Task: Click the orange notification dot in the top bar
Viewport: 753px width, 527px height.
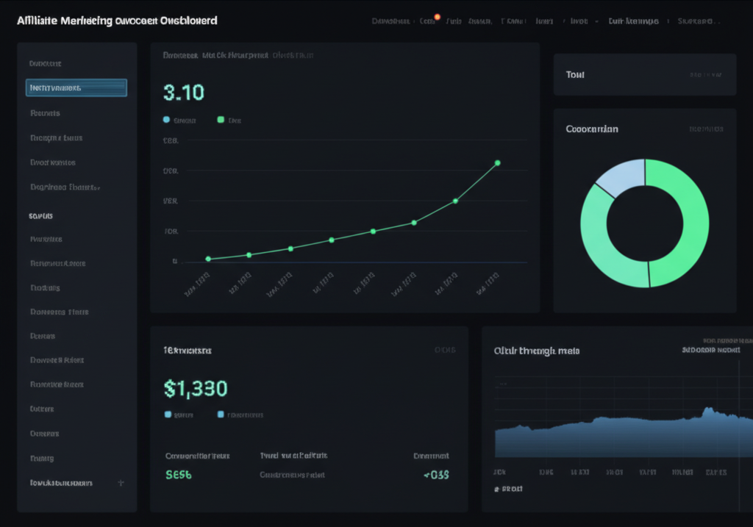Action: coord(438,16)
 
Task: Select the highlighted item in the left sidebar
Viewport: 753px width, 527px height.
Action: coord(76,88)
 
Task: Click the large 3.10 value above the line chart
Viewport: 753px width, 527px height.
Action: coord(183,93)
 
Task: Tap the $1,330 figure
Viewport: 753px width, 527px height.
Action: coord(195,388)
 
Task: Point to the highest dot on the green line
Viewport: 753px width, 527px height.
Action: coord(498,163)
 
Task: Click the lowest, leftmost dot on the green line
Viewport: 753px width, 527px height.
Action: coord(208,259)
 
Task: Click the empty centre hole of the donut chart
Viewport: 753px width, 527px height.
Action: coord(645,223)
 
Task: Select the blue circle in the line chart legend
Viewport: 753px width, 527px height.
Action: coord(166,120)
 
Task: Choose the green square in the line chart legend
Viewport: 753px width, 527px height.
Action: coord(221,120)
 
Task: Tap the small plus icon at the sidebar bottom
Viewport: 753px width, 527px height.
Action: coord(121,483)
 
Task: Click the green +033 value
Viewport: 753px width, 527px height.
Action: coord(436,475)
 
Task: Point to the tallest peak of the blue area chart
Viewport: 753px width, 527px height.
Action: coord(708,409)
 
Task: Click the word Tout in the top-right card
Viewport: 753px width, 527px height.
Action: coord(575,75)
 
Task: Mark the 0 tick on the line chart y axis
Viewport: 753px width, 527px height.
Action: coord(175,261)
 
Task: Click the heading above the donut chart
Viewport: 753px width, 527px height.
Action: coord(592,129)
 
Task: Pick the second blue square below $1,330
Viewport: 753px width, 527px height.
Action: coord(221,415)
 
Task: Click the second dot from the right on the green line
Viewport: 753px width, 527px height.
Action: coord(455,201)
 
